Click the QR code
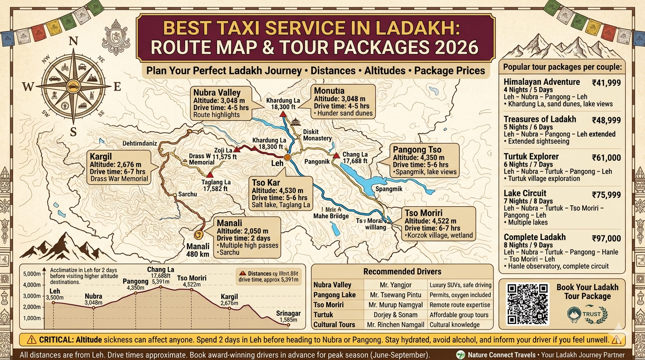click(527, 304)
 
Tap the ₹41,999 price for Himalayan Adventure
click(606, 82)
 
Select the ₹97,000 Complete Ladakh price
click(606, 238)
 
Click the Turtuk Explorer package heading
click(531, 157)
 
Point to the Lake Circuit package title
click(525, 193)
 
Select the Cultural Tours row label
click(334, 325)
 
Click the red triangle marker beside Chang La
click(336, 156)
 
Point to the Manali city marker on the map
click(199, 233)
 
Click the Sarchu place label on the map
click(187, 194)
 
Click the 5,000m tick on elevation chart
click(32, 274)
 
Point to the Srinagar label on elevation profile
click(288, 313)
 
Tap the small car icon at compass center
click(74, 86)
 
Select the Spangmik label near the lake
click(389, 189)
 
